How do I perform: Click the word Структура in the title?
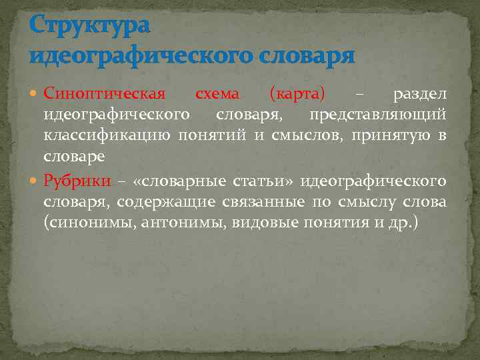pos(90,26)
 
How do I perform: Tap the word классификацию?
pos(107,137)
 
